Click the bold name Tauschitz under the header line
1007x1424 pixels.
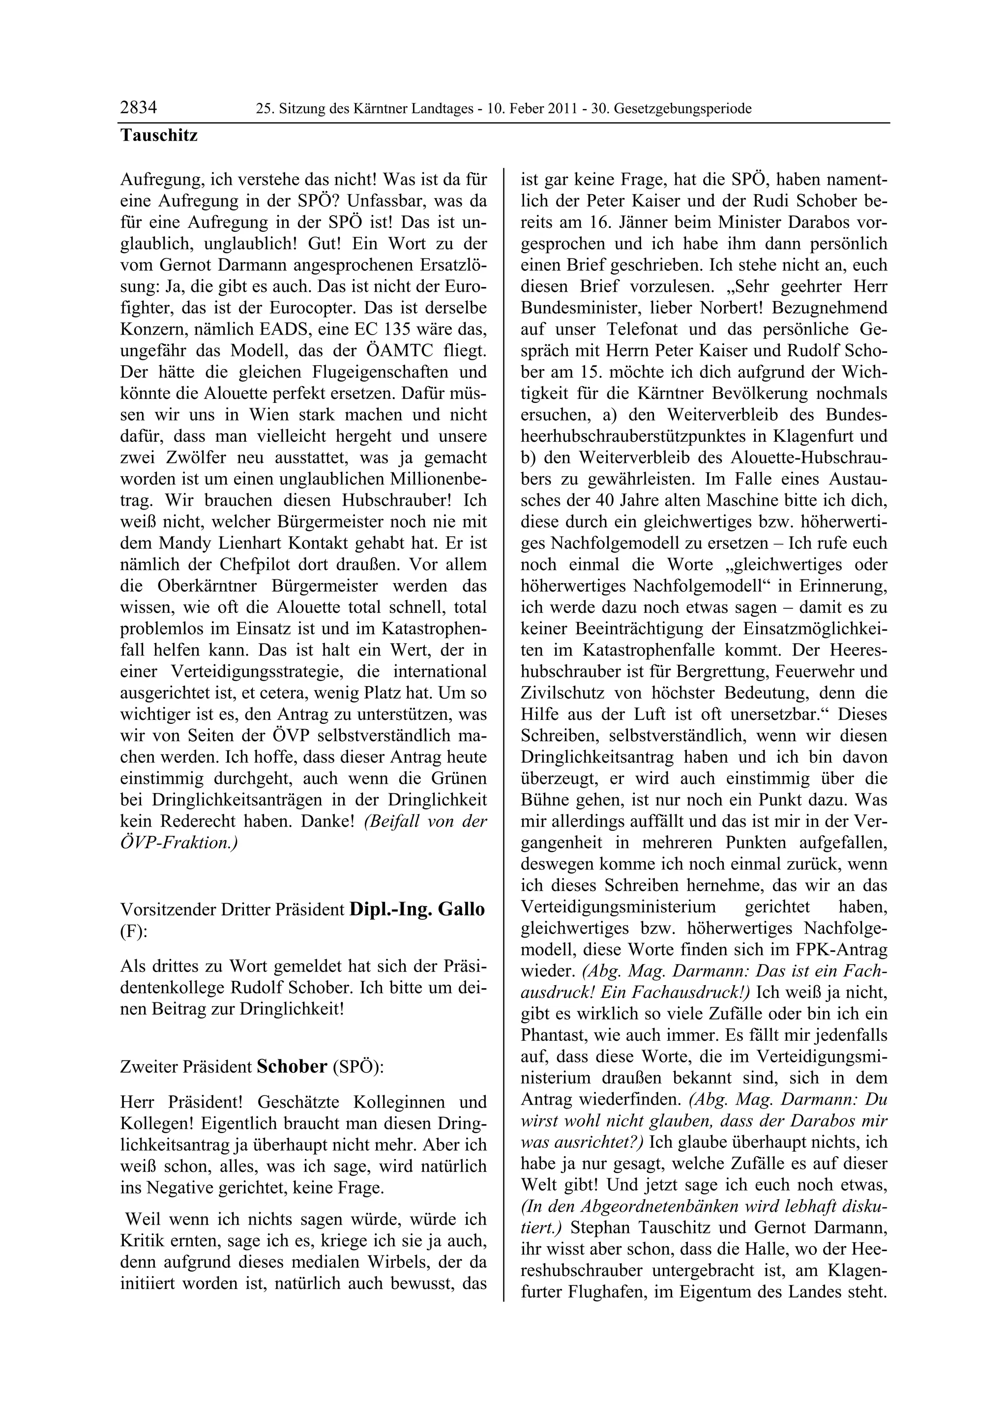159,135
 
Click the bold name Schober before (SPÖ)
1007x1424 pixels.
292,1066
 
